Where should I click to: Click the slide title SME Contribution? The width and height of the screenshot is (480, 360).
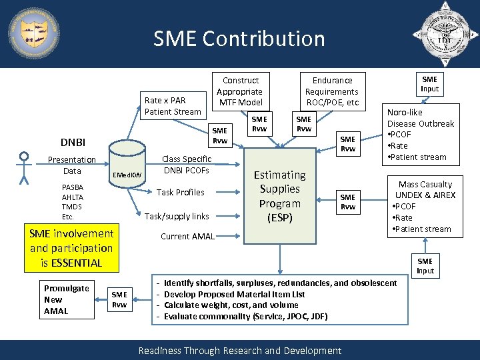point(239,39)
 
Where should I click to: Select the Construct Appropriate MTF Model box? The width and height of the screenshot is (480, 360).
point(239,91)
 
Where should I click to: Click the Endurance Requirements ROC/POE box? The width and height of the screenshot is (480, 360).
point(331,91)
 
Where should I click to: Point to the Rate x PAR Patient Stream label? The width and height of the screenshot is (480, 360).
point(173,106)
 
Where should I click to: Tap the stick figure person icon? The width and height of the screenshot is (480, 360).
point(25,167)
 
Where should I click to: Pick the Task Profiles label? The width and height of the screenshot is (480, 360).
point(180,192)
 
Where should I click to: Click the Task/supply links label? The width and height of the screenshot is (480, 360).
point(177,216)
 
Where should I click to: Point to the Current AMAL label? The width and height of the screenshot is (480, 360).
point(187,237)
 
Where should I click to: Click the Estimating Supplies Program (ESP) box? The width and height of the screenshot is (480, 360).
point(280,196)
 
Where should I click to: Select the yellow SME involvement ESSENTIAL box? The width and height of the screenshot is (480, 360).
point(71,248)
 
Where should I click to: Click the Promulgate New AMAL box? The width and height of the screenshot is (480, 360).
point(66,299)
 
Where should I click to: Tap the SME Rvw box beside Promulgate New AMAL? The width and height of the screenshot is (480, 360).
point(119,299)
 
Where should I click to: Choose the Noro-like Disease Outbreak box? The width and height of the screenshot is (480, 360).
point(421,135)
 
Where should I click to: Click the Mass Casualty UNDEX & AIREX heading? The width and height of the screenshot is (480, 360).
point(425,189)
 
